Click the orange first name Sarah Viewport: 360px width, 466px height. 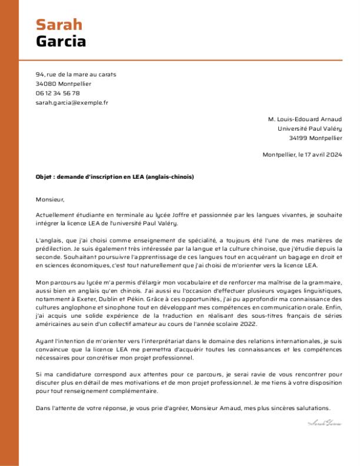tap(59, 24)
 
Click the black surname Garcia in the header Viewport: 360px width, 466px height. tap(61, 41)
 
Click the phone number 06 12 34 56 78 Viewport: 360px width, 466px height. tap(58, 93)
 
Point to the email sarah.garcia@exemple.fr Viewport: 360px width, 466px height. tap(72, 102)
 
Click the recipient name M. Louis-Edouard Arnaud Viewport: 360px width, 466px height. tap(304, 119)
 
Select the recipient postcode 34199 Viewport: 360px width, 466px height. tap(298, 138)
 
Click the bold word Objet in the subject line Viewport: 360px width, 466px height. tap(44, 177)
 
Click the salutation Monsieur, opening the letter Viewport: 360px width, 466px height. tap(49, 199)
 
